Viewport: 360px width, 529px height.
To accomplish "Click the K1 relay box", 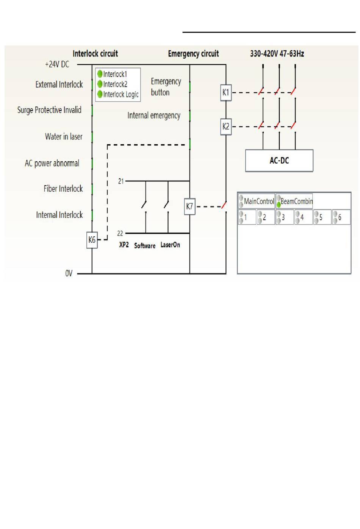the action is (226, 92).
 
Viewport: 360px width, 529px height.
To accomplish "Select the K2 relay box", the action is (226, 126).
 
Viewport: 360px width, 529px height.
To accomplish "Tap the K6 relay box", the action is (92, 240).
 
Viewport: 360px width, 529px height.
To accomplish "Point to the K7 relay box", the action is (189, 206).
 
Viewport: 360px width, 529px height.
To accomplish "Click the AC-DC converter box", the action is (279, 161).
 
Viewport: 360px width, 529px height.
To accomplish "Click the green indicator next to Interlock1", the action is (100, 74).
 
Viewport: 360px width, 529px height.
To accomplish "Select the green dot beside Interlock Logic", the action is (100, 94).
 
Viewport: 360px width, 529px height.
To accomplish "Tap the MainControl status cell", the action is (257, 201).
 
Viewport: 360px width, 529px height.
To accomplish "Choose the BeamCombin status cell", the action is (294, 201).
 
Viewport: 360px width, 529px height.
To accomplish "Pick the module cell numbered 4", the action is (304, 217).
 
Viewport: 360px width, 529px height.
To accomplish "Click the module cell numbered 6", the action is (341, 217).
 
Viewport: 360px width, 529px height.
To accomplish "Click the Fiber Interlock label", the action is (63, 189).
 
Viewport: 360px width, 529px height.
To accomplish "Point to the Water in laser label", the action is (64, 136).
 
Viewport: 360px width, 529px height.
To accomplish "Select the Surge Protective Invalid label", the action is (49, 110).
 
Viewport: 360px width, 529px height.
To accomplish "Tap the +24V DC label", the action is (57, 64).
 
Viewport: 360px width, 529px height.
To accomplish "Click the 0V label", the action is (69, 273).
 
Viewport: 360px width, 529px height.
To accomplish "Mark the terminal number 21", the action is (121, 181).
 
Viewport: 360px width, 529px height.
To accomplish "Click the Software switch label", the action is (145, 246).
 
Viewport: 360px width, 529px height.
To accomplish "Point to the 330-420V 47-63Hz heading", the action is (277, 54).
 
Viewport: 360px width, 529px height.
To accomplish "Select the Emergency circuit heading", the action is (193, 54).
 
